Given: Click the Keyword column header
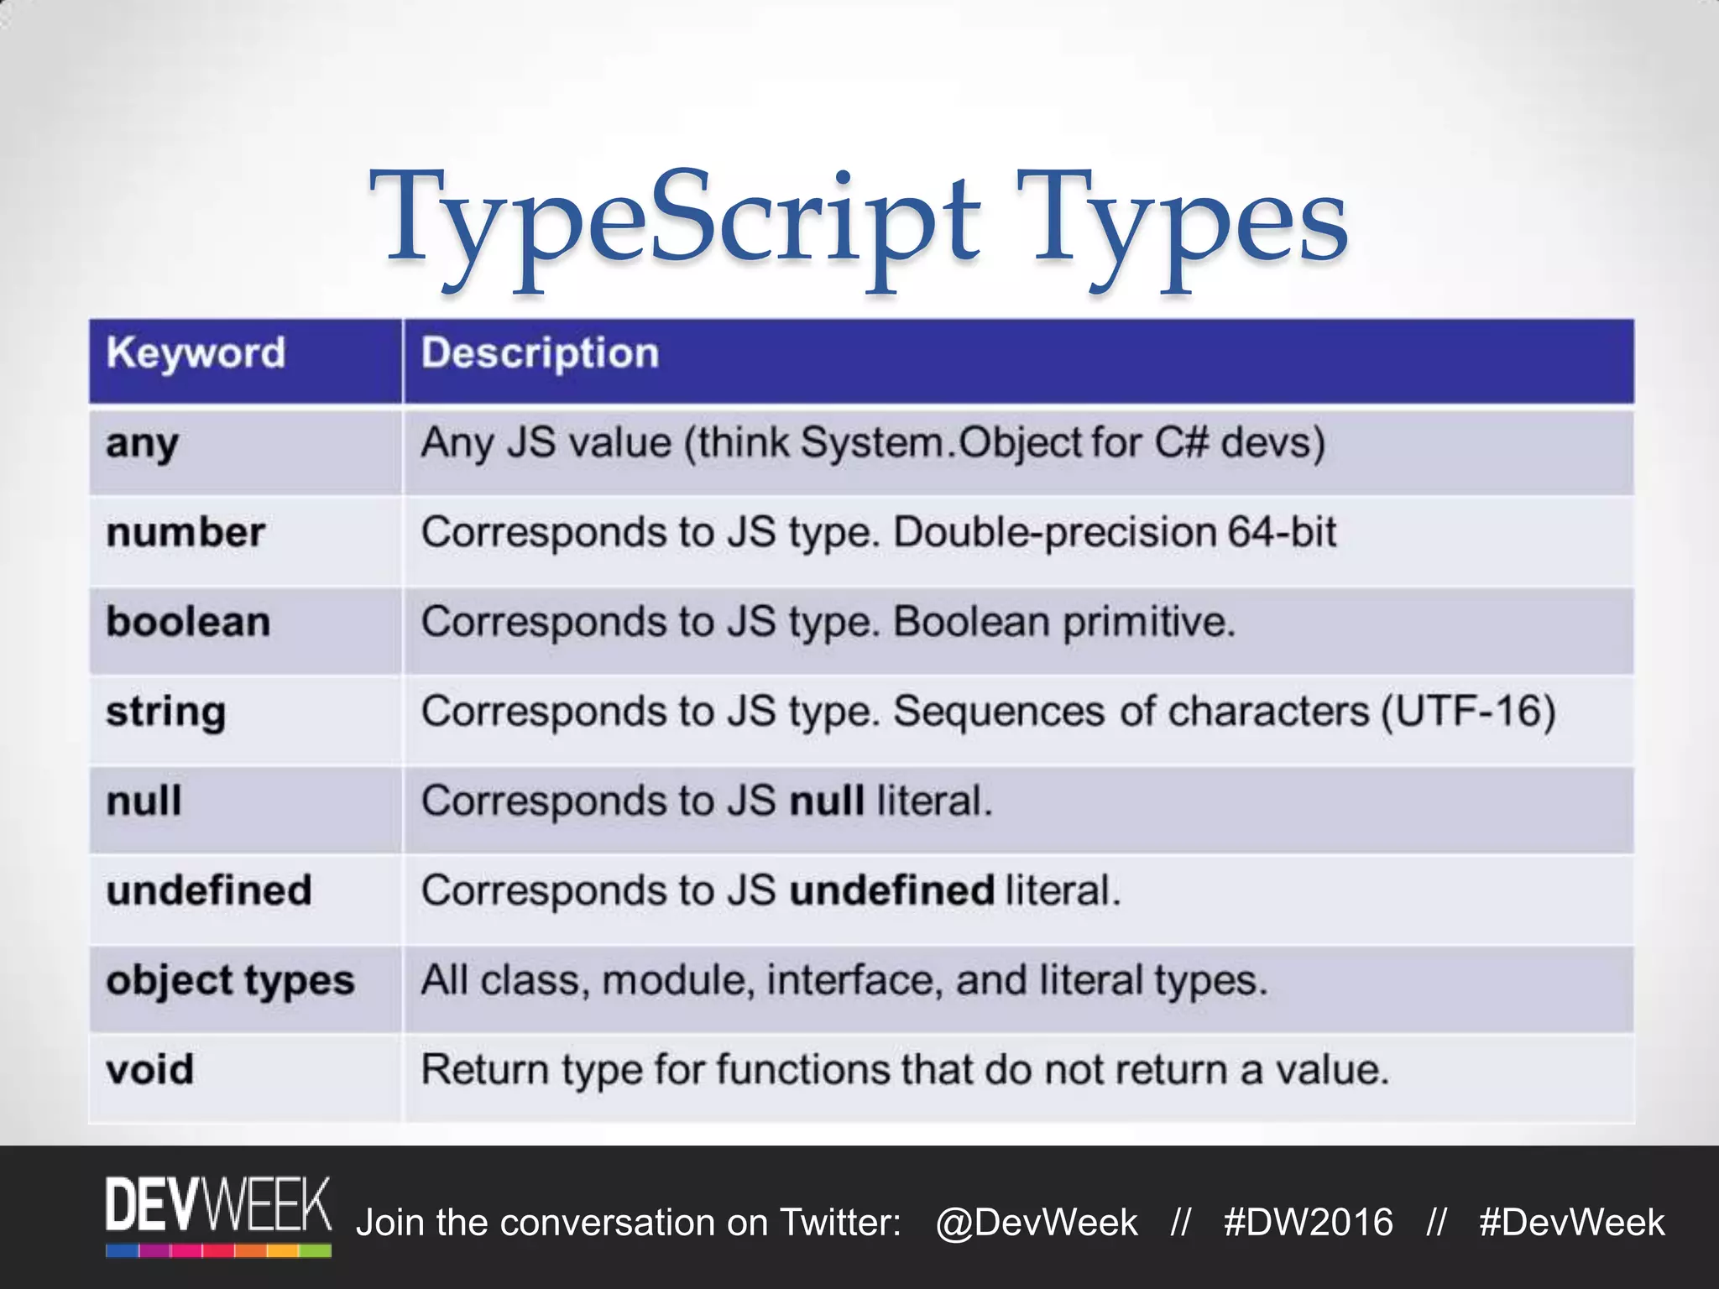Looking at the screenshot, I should [x=196, y=353].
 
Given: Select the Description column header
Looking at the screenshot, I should [x=540, y=353].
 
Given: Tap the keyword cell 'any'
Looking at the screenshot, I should [x=142, y=444].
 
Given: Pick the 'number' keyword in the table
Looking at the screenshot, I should [x=185, y=533].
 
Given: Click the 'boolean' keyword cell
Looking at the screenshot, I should [x=188, y=623].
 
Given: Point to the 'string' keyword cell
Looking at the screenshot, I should [x=165, y=712].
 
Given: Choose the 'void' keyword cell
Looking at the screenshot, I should [x=149, y=1070].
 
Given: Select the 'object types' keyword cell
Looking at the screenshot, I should [x=230, y=981].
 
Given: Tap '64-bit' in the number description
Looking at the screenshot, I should [x=1282, y=532].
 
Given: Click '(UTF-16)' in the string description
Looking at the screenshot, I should [x=1469, y=712].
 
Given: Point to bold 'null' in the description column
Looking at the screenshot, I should [x=827, y=801].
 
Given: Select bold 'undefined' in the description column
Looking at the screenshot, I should [x=891, y=890].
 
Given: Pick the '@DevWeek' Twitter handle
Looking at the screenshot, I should [x=1037, y=1223].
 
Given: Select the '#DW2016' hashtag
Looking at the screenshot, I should [x=1308, y=1223].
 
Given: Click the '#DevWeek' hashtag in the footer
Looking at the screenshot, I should [x=1571, y=1223].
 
